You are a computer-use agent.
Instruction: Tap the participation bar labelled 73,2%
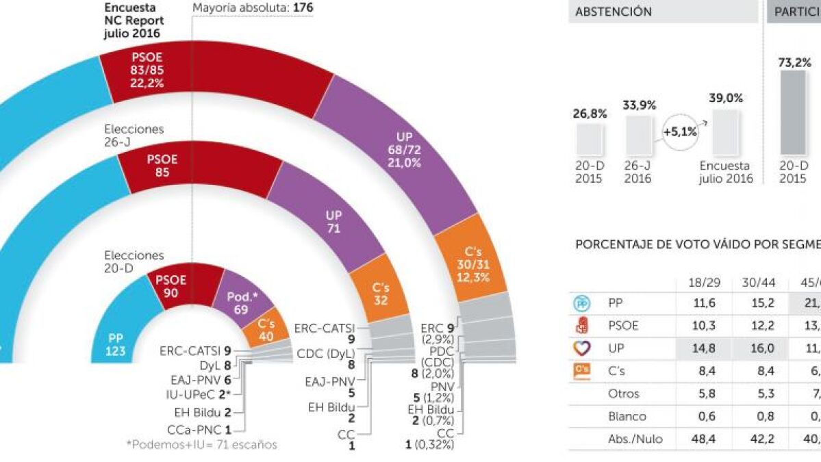[793, 112]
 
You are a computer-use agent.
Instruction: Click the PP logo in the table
[582, 303]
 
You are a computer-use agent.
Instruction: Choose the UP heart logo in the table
[582, 348]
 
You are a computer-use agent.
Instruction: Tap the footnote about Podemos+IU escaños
[201, 445]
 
